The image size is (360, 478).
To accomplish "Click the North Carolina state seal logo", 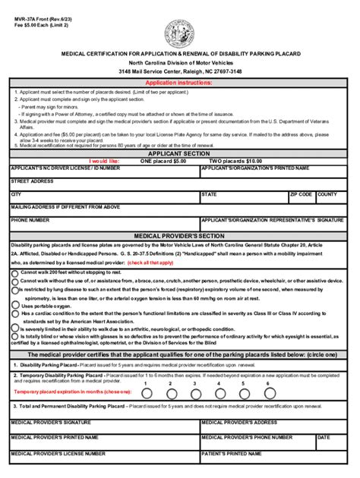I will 179,34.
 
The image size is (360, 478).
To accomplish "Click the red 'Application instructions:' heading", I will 179,82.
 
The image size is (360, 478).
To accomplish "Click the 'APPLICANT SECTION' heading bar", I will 180,153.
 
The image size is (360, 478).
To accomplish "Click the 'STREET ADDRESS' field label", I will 32,181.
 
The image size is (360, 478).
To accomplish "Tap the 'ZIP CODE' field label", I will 301,194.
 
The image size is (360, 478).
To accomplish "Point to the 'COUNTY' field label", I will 327,194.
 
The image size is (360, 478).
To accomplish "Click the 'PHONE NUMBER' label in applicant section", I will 30,220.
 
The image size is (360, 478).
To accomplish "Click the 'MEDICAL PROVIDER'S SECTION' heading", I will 180,236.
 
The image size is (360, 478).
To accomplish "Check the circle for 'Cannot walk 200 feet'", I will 14,271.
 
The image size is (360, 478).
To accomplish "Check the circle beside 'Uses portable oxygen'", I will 14,305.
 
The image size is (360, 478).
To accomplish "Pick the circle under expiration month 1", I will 146,394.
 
